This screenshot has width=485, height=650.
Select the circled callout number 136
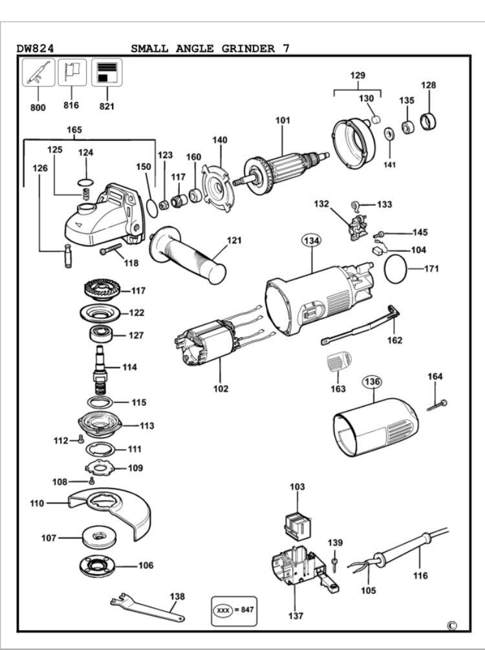point(372,382)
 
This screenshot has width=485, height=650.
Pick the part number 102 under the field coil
point(221,389)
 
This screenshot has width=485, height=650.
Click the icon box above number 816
point(72,72)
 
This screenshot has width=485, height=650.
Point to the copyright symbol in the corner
point(452,625)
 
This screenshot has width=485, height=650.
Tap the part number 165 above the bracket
point(74,130)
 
